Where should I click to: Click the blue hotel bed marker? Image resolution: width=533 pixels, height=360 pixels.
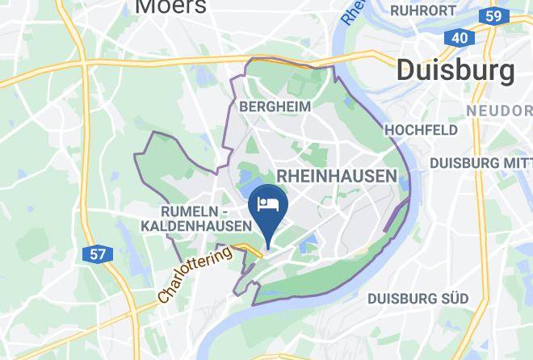tap(266, 206)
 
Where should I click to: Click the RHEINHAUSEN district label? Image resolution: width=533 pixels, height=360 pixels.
tap(337, 176)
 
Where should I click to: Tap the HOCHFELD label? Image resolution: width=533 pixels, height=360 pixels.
tap(421, 130)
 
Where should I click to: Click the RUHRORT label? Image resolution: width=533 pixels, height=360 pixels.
tap(423, 10)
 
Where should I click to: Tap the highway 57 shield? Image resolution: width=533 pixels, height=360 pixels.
tap(97, 254)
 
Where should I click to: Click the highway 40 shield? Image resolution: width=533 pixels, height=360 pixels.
tap(459, 38)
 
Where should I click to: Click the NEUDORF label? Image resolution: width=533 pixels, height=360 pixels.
tap(498, 111)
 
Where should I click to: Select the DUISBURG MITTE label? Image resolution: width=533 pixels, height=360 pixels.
tap(480, 162)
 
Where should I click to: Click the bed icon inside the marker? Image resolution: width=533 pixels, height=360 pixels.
tap(266, 203)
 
